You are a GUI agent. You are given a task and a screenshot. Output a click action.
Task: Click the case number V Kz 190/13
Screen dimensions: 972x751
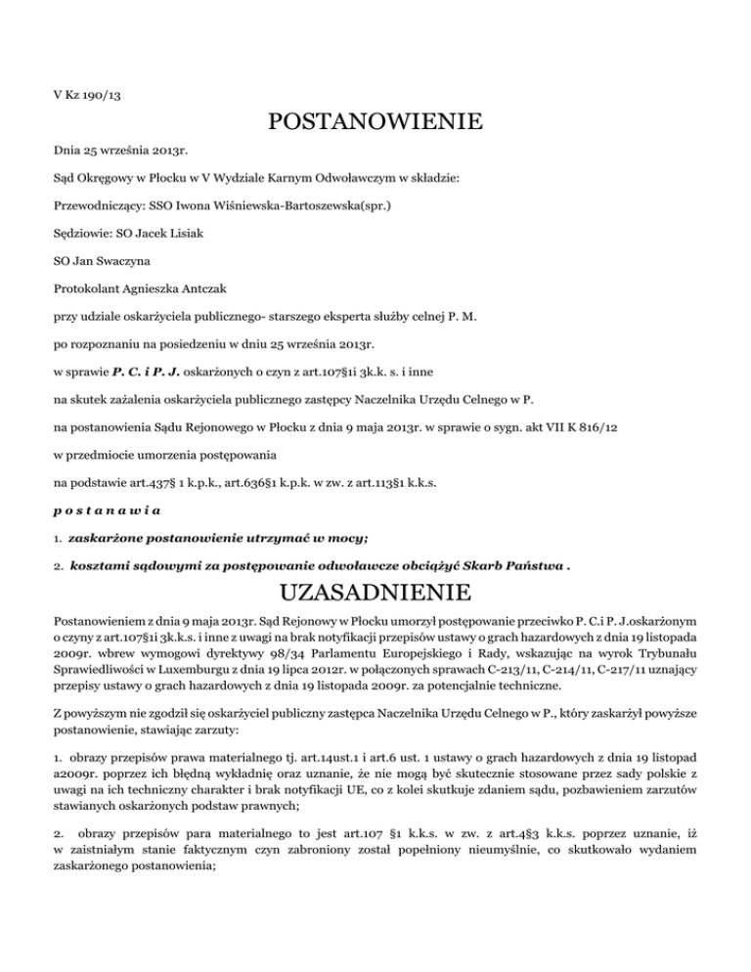coord(87,96)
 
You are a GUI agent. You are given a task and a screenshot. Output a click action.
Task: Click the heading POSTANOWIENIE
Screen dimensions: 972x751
coord(375,123)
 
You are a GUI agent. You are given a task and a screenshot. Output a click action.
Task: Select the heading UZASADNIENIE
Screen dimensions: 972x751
coord(375,595)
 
